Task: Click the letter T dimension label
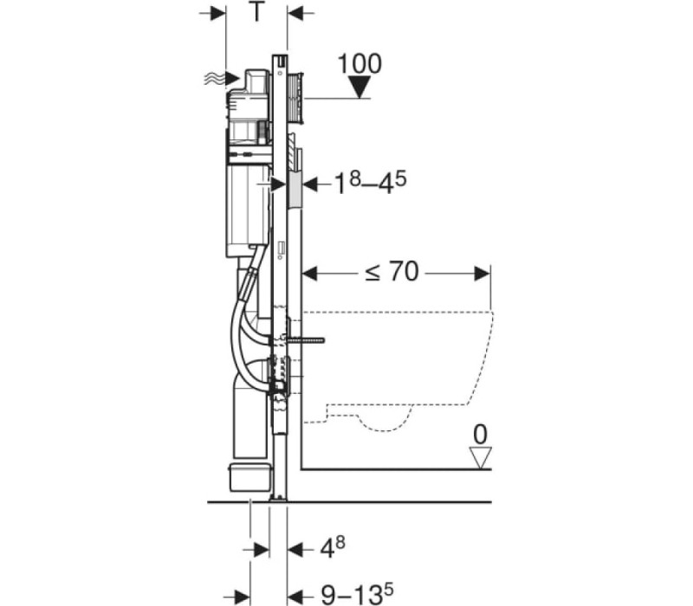pos(256,12)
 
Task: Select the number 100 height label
pos(359,63)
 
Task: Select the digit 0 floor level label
pos(480,435)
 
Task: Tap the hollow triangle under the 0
pos(480,458)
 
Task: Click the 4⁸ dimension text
pos(332,547)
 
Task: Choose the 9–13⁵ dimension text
pos(357,593)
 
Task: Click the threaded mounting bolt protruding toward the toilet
pos(306,340)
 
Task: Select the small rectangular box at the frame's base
pos(249,477)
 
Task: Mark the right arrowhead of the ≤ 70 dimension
pos(482,274)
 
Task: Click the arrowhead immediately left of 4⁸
pos(295,550)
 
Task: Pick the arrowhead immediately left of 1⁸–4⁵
pos(310,184)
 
